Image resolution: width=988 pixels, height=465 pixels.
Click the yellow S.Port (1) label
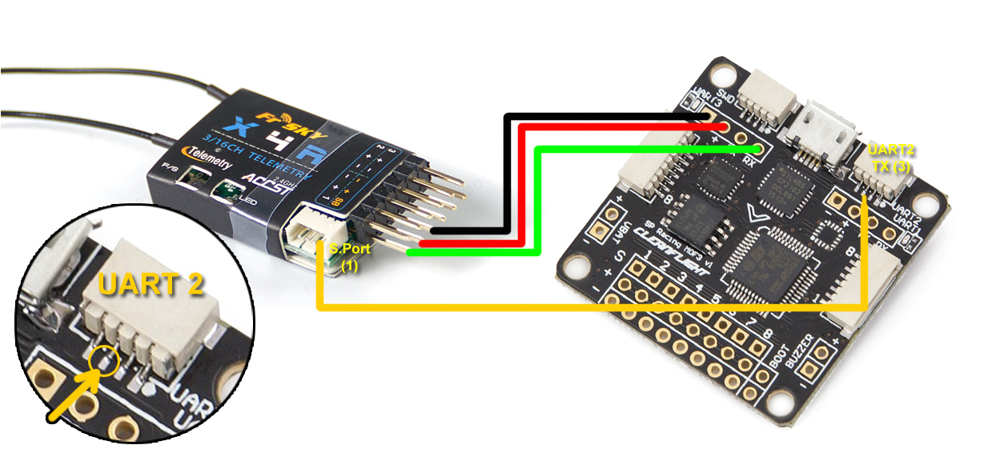click(x=350, y=256)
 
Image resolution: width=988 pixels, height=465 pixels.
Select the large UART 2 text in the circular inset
click(x=151, y=286)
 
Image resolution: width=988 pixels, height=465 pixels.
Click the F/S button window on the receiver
click(x=188, y=178)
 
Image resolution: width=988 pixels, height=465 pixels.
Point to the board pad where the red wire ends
click(x=723, y=127)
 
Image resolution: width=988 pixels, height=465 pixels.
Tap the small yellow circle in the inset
click(x=105, y=363)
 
